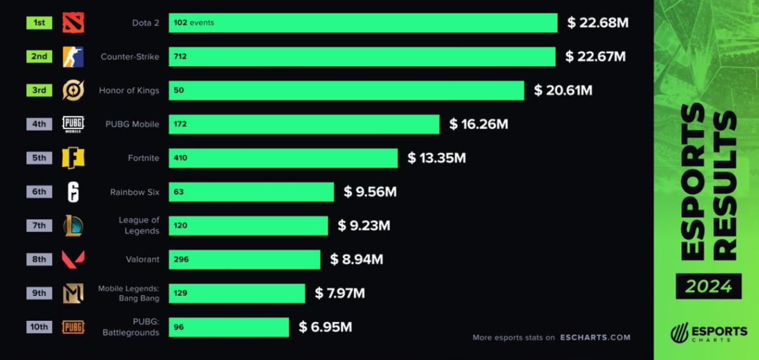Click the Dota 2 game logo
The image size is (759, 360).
pos(73,23)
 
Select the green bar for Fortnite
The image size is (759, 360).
pos(283,158)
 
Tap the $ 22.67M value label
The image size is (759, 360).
pos(596,57)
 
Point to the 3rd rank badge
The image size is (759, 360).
pos(39,91)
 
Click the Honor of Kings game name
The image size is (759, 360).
pos(129,91)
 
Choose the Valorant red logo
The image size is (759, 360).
pos(73,259)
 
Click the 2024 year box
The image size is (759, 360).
pos(708,286)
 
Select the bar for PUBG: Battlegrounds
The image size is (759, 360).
pos(229,327)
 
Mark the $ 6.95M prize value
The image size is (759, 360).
pos(325,327)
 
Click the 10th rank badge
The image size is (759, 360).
pos(39,327)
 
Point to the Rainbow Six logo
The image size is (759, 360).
pos(73,192)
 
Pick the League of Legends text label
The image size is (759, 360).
pos(138,225)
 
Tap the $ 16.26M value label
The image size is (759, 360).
pos(479,124)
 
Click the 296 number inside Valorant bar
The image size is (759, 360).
pos(181,259)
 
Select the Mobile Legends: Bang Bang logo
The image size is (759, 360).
pos(73,293)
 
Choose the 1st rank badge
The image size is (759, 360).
pos(39,23)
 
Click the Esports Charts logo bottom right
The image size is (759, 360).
pos(708,334)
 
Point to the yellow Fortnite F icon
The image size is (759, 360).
pos(73,158)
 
